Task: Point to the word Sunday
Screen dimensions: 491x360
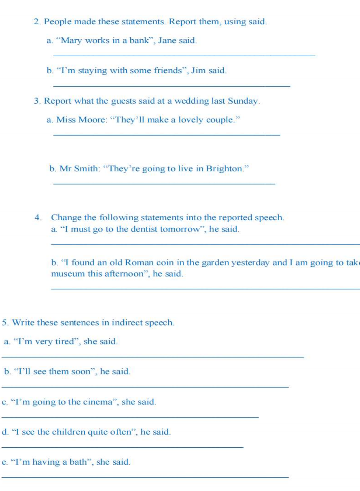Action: pyautogui.click(x=244, y=100)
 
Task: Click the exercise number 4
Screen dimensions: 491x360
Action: pyautogui.click(x=38, y=217)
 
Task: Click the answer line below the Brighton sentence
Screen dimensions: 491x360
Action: pyautogui.click(x=164, y=184)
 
